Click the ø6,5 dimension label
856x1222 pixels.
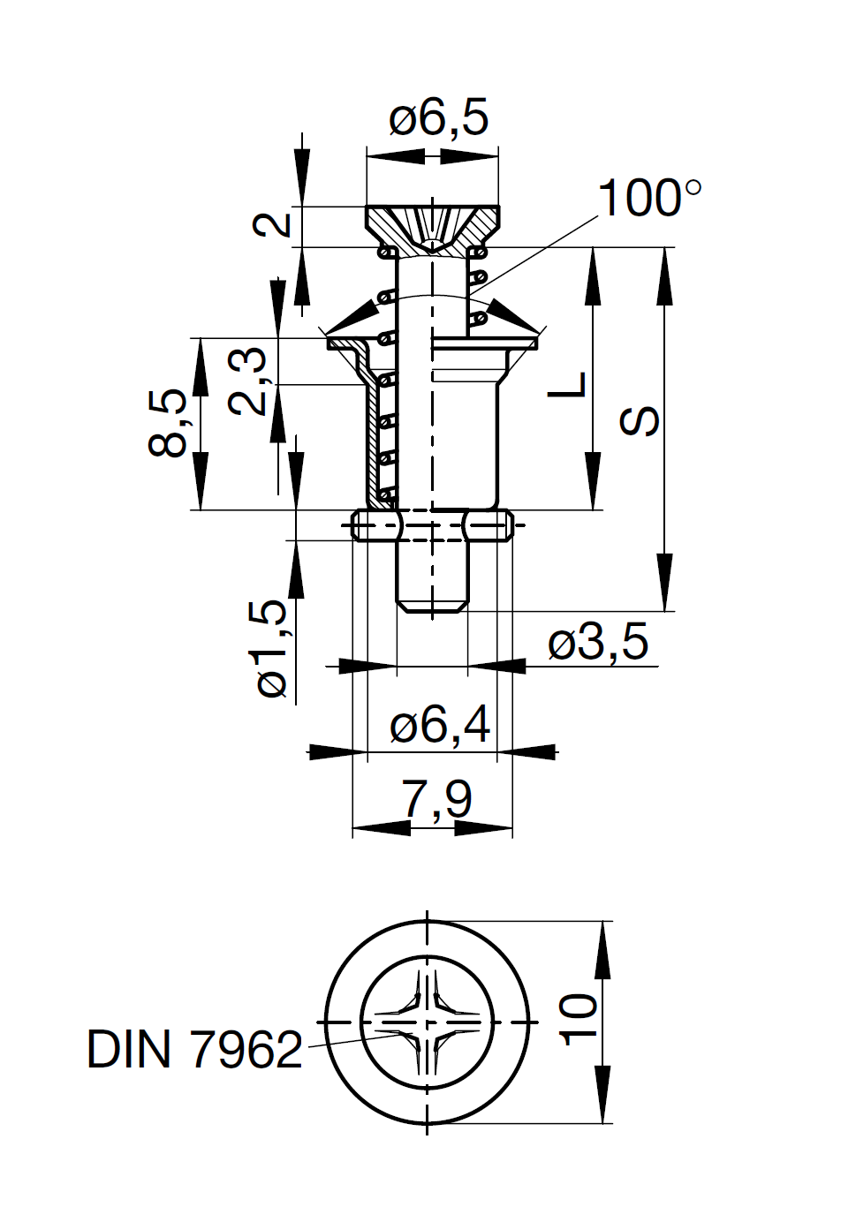(438, 117)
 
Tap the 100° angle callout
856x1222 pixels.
(649, 198)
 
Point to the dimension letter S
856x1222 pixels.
(640, 421)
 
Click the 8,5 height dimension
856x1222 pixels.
(168, 422)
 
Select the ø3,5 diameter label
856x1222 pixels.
(598, 642)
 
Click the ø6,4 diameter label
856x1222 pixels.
(439, 725)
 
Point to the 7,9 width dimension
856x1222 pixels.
(436, 798)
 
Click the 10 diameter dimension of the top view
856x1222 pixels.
(579, 1020)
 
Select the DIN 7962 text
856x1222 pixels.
(194, 1050)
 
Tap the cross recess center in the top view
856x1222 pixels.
(428, 1022)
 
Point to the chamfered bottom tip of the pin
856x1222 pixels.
(432, 607)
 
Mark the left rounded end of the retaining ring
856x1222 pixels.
(357, 526)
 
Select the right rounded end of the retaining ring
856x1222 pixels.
(508, 526)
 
